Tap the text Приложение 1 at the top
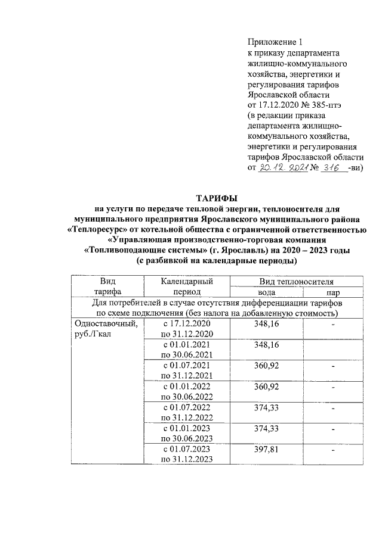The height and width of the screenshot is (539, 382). tap(275, 42)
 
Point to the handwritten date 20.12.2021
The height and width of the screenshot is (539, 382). tap(282, 169)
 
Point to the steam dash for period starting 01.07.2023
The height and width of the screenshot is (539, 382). tap(334, 451)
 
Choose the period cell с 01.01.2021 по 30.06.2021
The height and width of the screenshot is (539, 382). tap(187, 350)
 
